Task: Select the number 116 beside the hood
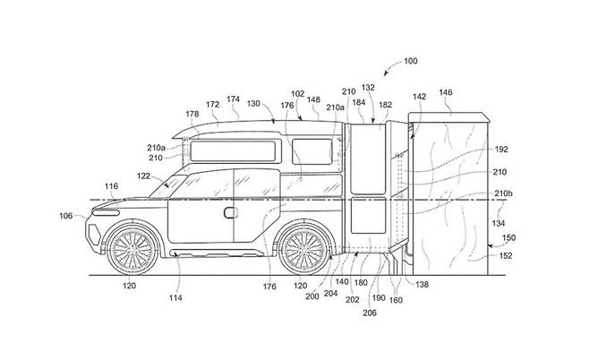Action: click(x=111, y=186)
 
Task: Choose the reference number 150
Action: click(x=510, y=238)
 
